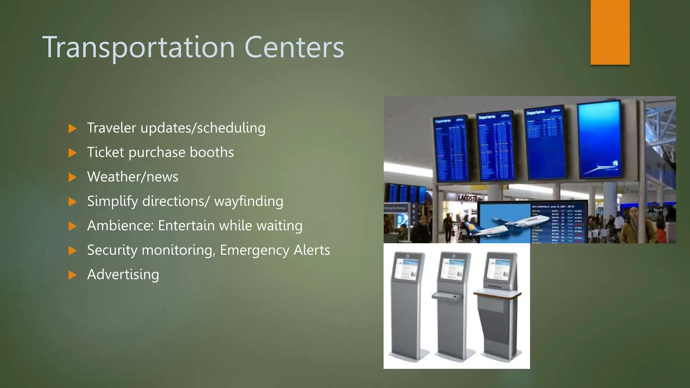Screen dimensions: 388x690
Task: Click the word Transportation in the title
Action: (x=138, y=48)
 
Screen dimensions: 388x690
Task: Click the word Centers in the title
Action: (x=294, y=47)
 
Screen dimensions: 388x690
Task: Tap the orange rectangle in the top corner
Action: (x=610, y=32)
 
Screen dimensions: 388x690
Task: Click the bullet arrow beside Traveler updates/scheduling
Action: (x=72, y=128)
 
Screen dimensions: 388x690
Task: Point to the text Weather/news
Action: (x=132, y=177)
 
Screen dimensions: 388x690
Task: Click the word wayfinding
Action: (x=249, y=201)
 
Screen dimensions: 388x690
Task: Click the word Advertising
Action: (x=123, y=274)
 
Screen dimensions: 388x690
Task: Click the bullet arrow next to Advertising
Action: (x=72, y=275)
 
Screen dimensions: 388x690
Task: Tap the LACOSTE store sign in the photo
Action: (x=469, y=198)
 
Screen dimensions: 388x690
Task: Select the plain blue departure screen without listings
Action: (x=600, y=140)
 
